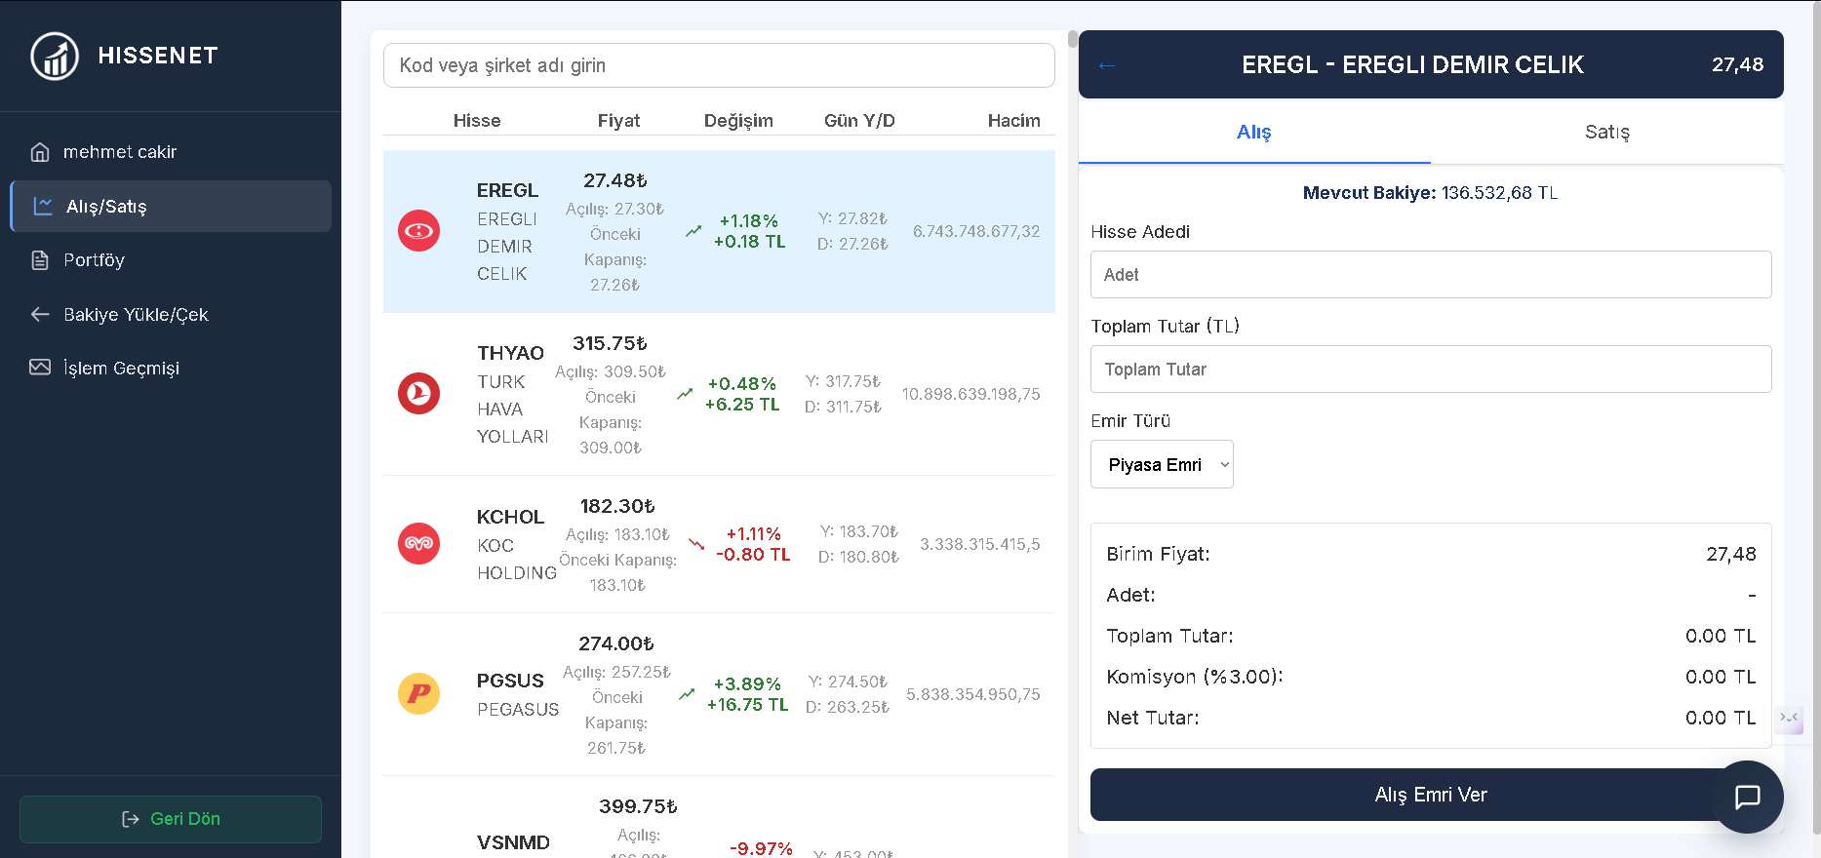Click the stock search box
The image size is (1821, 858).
coord(719,65)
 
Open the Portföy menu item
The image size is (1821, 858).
coord(94,260)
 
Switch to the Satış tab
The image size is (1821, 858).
coord(1606,132)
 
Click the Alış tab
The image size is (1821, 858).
coord(1254,132)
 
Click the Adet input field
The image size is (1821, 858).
coord(1431,275)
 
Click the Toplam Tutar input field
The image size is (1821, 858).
coord(1431,370)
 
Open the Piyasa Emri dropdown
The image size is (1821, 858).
coord(1162,464)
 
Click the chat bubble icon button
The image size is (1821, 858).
coord(1748,797)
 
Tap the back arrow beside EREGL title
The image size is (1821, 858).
coord(1106,65)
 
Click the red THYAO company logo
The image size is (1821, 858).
coord(418,394)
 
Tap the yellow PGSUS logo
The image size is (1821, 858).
coord(418,694)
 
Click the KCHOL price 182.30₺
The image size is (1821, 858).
coord(617,507)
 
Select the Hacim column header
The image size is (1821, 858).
coord(1013,121)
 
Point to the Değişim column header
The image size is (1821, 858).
coord(738,121)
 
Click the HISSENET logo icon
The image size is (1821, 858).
coord(55,56)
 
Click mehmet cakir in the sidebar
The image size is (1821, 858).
coord(120,152)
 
